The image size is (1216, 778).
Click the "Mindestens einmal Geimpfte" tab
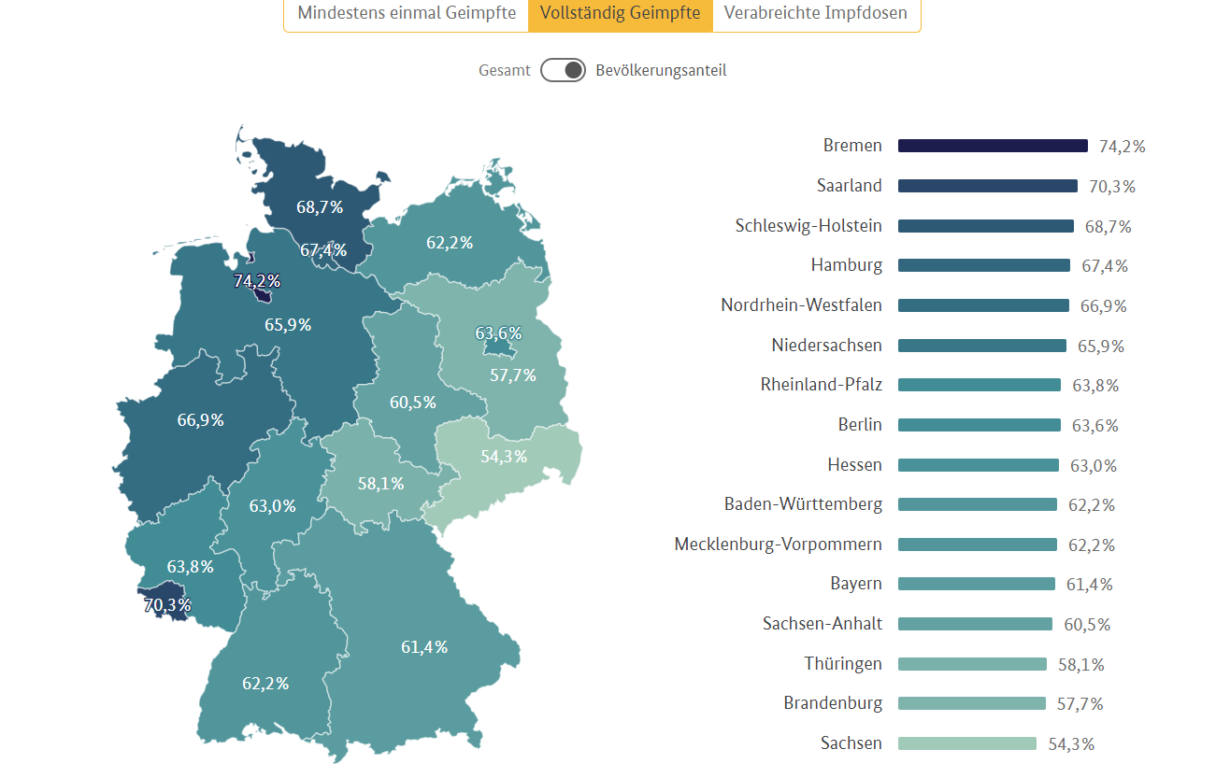pyautogui.click(x=407, y=14)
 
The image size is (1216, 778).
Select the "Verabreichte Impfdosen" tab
pyautogui.click(x=816, y=14)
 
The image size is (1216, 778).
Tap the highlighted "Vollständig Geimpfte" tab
pyautogui.click(x=621, y=14)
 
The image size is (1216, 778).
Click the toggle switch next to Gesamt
pyautogui.click(x=563, y=70)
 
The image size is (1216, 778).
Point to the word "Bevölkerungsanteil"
pyautogui.click(x=661, y=70)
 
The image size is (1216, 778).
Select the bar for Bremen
pyautogui.click(x=993, y=146)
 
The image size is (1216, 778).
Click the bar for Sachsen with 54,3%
pyautogui.click(x=967, y=743)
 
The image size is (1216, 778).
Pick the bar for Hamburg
pyautogui.click(x=983, y=265)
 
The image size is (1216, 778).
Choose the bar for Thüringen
pyautogui.click(x=972, y=664)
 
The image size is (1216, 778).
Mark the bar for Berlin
pyautogui.click(x=979, y=425)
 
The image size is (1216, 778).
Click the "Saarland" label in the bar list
pyautogui.click(x=849, y=185)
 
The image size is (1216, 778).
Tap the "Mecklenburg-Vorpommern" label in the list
pyautogui.click(x=778, y=544)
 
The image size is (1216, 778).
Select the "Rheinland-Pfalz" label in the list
pyautogui.click(x=822, y=385)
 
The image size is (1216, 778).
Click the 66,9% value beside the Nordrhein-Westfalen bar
pyautogui.click(x=1103, y=306)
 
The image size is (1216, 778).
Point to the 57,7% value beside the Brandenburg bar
pyautogui.click(x=1080, y=704)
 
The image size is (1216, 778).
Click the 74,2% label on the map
pyautogui.click(x=257, y=280)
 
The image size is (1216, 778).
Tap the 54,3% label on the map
pyautogui.click(x=504, y=456)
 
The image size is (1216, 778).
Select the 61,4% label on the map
pyautogui.click(x=424, y=646)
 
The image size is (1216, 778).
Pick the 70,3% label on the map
pyautogui.click(x=166, y=605)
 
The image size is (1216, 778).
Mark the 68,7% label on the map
pyautogui.click(x=320, y=206)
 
